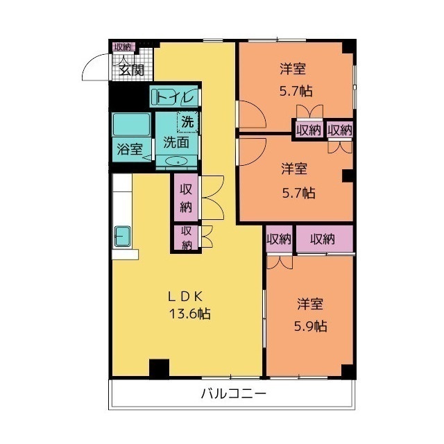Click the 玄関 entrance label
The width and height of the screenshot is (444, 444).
click(x=130, y=69)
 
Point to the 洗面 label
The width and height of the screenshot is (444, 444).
click(x=176, y=142)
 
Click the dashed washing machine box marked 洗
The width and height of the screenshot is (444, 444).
click(x=187, y=121)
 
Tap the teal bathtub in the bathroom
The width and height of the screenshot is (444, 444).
click(x=132, y=125)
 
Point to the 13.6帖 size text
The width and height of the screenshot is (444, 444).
click(x=186, y=314)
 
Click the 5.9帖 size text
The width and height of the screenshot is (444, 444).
click(x=311, y=326)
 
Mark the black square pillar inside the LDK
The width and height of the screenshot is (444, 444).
click(x=159, y=368)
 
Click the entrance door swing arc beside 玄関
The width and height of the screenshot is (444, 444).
click(x=93, y=67)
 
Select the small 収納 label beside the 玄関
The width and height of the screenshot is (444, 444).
click(x=122, y=46)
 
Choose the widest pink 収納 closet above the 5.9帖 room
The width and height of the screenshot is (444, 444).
click(x=324, y=239)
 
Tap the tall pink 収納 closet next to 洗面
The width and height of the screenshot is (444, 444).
click(x=186, y=198)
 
